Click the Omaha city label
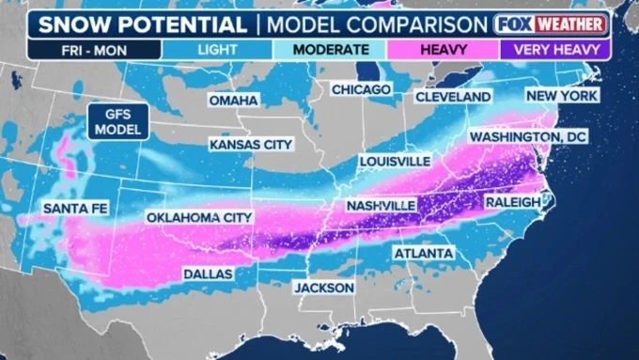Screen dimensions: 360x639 (233, 101)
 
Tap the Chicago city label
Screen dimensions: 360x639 (360, 89)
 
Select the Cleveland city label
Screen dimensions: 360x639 (453, 97)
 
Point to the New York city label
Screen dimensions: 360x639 (561, 96)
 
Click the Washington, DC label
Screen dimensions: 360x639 (540, 136)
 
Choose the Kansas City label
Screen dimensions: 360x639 (251, 145)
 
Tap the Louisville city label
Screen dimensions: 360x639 (396, 162)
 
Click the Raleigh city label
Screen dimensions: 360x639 (512, 202)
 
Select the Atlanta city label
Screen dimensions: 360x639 (423, 253)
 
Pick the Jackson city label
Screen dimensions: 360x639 (324, 287)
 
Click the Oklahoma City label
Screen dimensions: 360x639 (198, 217)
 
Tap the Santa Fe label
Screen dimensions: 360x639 (73, 208)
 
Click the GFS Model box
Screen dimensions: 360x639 (116, 120)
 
